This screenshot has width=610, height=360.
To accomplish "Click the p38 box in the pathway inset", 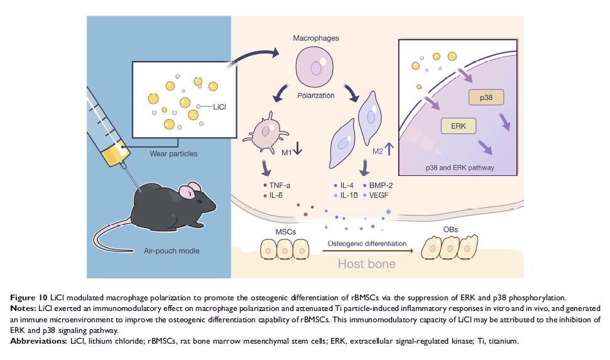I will point(482,99).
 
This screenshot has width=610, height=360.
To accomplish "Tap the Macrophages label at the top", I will point(316,39).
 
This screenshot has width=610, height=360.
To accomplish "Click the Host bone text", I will point(367,263).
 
